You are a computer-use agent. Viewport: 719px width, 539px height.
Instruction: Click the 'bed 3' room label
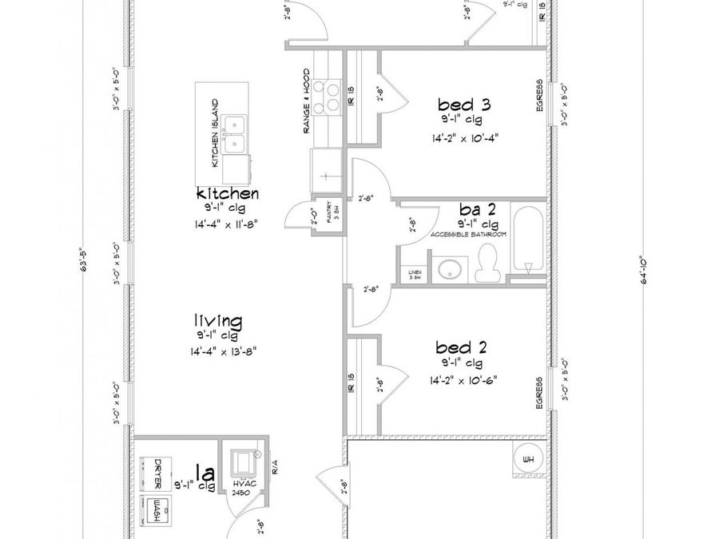(x=463, y=105)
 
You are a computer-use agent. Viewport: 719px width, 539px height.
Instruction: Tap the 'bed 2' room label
(x=461, y=347)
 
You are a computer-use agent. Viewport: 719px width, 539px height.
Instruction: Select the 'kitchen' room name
(x=227, y=193)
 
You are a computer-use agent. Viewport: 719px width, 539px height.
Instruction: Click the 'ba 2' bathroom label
(x=477, y=209)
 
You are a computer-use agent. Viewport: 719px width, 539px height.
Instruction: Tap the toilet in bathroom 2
(x=487, y=264)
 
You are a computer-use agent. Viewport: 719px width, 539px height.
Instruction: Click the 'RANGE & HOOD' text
(x=306, y=101)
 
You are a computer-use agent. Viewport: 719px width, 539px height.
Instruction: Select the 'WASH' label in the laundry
(x=157, y=510)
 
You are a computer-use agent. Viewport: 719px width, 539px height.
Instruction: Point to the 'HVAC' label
(x=242, y=485)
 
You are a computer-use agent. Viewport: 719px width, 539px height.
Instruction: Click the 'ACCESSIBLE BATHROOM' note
(x=468, y=235)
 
